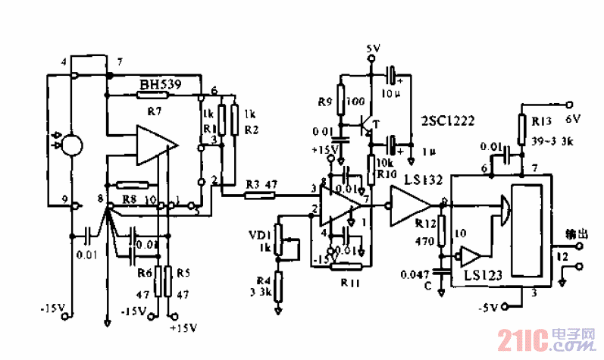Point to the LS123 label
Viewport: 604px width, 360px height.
[x=484, y=278]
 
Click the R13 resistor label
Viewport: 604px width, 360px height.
[x=543, y=121]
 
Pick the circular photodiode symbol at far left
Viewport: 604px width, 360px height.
[x=73, y=142]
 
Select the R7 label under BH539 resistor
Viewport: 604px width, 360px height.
[x=155, y=111]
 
